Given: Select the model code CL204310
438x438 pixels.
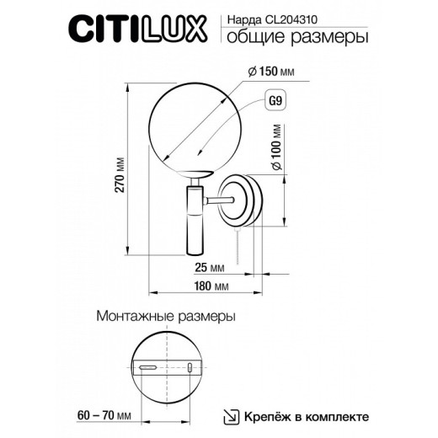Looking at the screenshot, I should pos(301,16).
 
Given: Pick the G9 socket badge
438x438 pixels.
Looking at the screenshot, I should pos(274,101).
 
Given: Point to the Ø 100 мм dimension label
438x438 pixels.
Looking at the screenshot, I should pos(276,149).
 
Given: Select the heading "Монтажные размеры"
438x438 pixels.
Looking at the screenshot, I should pos(166,317).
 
